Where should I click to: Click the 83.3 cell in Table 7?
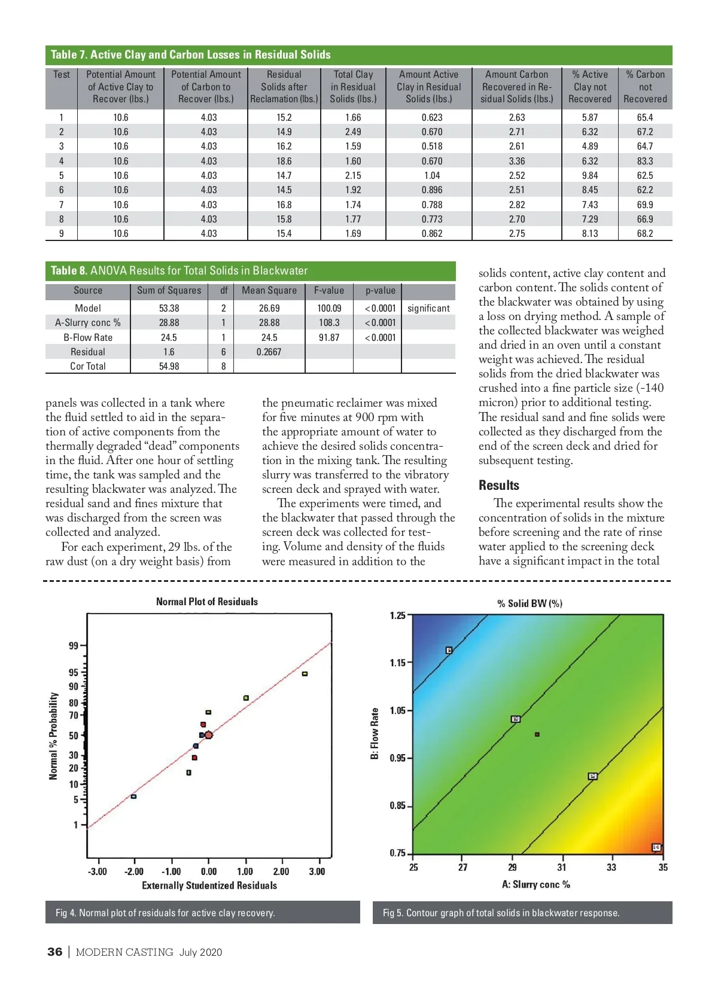pos(644,161)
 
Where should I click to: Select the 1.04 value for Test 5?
pos(431,175)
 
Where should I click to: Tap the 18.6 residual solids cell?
pos(284,161)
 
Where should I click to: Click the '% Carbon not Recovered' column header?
pos(645,87)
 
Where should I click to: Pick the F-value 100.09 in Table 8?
pos(329,308)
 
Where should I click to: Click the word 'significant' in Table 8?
pos(428,308)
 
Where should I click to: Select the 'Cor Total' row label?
pos(88,366)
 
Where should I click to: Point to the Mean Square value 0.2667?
pos(269,352)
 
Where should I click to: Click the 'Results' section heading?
pos(499,485)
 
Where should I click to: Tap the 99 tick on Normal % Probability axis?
pos(74,645)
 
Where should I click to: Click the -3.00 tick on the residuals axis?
pos(98,871)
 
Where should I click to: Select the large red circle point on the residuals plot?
pos(208,734)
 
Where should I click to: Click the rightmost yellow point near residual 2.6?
pos(305,674)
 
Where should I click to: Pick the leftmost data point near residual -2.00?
pos(133,796)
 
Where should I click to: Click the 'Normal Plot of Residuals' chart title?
pos(207,602)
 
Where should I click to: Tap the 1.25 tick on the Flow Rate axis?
pos(397,615)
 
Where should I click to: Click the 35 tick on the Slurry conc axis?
pos(663,867)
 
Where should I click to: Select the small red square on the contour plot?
pos(537,734)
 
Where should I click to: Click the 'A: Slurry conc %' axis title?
pos(536,884)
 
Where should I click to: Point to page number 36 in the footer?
pos(54,952)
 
